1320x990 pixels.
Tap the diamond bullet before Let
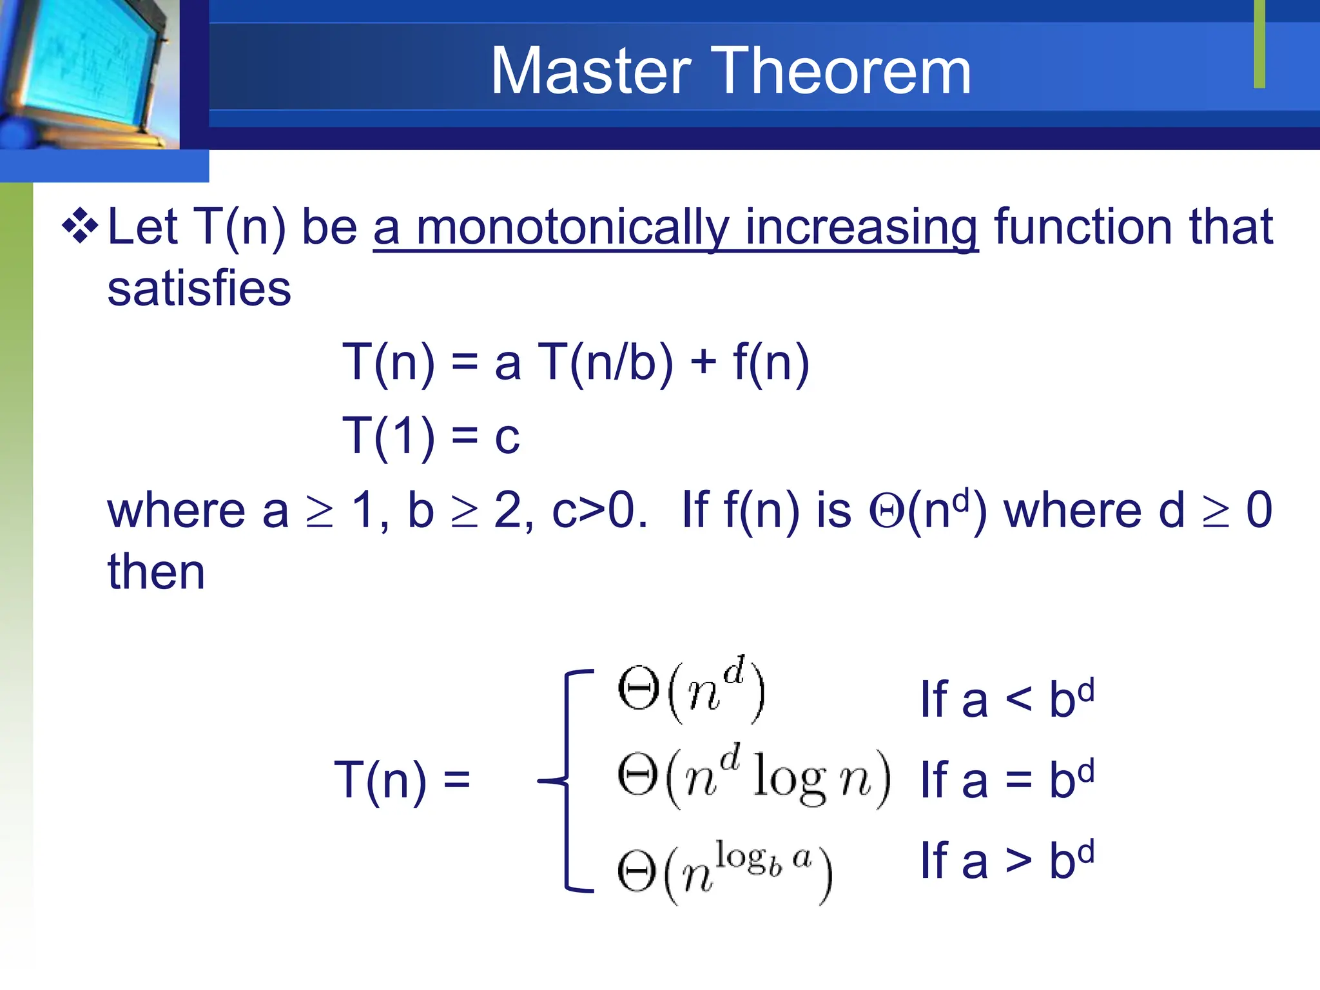click(80, 227)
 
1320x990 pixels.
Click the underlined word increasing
click(861, 228)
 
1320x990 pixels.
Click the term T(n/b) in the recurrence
click(606, 362)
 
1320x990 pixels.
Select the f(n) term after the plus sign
click(771, 362)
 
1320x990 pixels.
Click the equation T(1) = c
click(431, 436)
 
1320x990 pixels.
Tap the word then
click(156, 572)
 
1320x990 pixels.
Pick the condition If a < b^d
click(1007, 699)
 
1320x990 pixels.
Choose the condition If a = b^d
click(1007, 780)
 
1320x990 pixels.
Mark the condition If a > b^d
click(1007, 860)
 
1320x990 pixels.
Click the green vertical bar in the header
click(1259, 44)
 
